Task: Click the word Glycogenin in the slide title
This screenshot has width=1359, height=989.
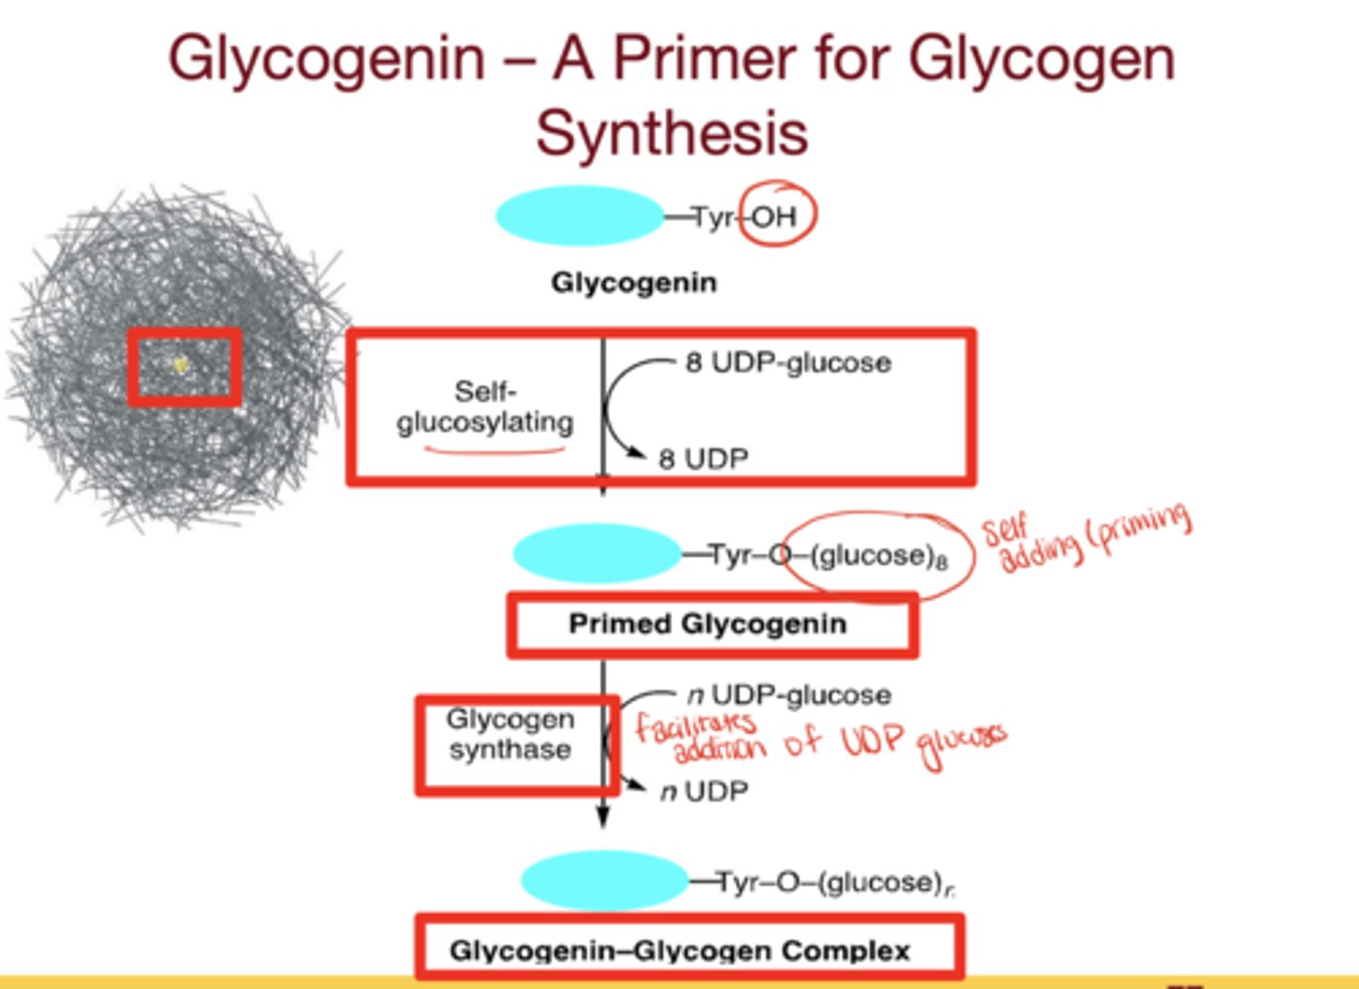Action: tap(326, 59)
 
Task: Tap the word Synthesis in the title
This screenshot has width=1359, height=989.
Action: tap(672, 133)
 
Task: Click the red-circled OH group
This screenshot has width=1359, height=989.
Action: tap(775, 217)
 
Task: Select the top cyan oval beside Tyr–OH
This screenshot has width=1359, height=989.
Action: tap(579, 216)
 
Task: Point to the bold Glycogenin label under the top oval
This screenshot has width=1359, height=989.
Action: tap(633, 282)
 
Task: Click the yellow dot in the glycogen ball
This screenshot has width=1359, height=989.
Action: tap(181, 364)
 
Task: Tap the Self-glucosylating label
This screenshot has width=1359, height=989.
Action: tap(485, 407)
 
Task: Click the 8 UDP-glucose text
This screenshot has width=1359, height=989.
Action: tap(788, 362)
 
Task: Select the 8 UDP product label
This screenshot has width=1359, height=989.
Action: tap(703, 459)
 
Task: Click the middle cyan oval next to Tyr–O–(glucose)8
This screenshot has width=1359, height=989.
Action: tap(596, 553)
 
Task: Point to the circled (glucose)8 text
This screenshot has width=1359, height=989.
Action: tap(878, 556)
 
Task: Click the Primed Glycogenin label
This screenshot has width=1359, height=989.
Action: tap(707, 624)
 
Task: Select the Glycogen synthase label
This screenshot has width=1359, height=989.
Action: tap(510, 734)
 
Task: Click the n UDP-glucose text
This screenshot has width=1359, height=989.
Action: tap(789, 696)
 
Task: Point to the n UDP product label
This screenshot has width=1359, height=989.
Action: tap(704, 791)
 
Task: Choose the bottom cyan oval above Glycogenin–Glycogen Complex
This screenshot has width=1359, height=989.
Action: tap(604, 880)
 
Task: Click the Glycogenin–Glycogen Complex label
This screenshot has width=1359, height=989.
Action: tap(679, 949)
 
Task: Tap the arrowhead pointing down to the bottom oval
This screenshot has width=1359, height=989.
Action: tap(603, 817)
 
